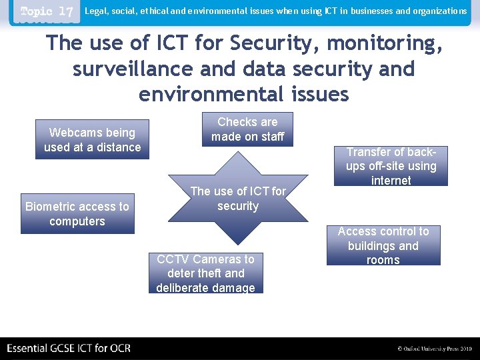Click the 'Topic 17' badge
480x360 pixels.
point(46,12)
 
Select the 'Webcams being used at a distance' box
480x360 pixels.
point(92,140)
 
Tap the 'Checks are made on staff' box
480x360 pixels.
point(247,129)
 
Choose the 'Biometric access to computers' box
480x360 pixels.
point(77,214)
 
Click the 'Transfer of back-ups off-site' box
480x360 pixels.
point(391,166)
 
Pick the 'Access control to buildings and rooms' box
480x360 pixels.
point(383,245)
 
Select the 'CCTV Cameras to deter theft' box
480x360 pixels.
point(205,273)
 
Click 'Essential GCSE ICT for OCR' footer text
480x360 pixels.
point(69,348)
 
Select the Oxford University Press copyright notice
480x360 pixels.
point(434,349)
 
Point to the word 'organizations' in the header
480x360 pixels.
point(440,11)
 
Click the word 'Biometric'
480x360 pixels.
point(51,207)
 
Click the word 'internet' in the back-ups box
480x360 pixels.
point(391,180)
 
